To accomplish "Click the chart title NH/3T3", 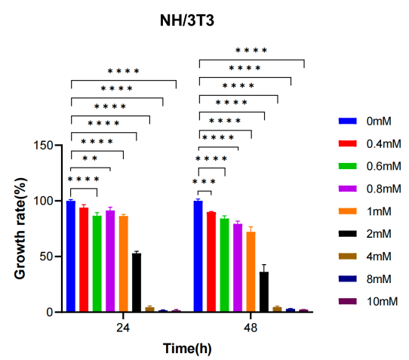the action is tap(187, 20).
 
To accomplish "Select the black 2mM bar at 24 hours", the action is tap(137, 282).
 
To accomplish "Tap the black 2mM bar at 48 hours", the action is tap(264, 291).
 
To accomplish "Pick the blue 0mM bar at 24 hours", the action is tap(71, 256).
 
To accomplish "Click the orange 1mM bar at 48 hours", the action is tap(251, 272).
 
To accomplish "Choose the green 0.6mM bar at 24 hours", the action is tap(97, 263).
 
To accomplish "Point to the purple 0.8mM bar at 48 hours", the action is tap(238, 268).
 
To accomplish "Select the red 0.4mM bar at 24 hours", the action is tap(84, 260).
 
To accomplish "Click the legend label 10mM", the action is tap(382, 302).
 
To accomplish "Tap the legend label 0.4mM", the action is tap(383, 143).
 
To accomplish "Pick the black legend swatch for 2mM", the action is tap(347, 233).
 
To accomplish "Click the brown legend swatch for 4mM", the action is tap(347, 256).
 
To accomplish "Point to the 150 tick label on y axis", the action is tap(44, 146).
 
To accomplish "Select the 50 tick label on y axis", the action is tap(47, 257).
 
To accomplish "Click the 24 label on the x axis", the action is tap(123, 328).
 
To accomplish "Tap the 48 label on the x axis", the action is tap(251, 328).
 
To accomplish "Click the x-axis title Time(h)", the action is tap(187, 349).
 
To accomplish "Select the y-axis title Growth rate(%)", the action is tap(20, 228).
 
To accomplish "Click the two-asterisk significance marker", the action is tap(90, 158).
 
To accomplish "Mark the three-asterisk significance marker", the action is tap(204, 182).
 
